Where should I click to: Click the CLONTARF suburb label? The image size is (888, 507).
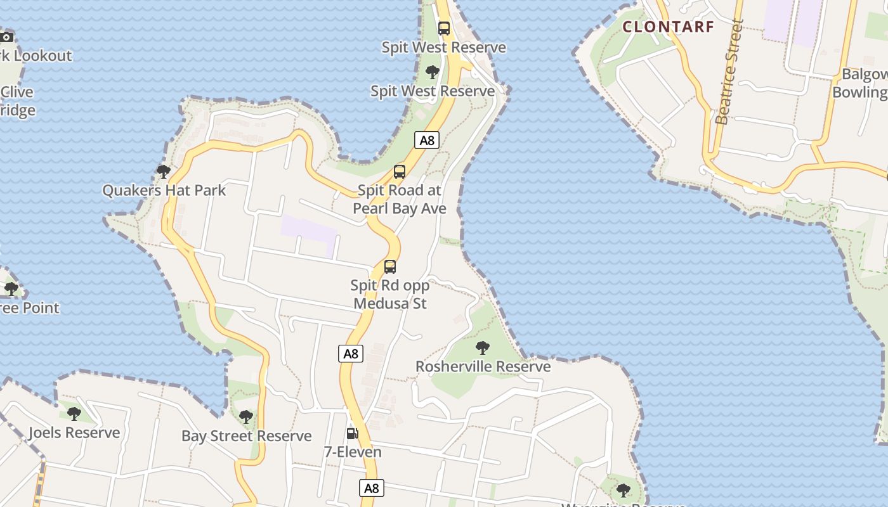click(668, 27)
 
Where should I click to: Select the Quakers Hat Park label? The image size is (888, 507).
click(164, 190)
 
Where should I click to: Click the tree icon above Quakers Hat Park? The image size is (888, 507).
click(164, 171)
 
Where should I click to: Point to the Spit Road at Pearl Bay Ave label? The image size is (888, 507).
click(400, 199)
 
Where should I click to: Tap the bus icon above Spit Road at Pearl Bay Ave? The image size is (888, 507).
click(400, 171)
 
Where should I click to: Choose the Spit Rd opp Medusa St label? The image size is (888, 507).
click(390, 294)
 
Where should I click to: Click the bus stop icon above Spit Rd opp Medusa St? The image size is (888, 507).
click(390, 267)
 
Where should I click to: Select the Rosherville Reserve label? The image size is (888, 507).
click(483, 366)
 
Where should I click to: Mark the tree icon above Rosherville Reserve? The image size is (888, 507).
click(483, 347)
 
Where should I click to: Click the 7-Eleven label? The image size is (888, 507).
click(353, 452)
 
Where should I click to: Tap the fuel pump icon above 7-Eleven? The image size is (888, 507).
click(352, 433)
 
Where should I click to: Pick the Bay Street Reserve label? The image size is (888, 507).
click(246, 436)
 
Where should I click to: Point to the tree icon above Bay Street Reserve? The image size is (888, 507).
click(246, 416)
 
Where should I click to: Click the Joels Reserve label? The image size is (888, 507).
click(74, 433)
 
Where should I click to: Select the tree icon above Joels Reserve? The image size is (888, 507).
click(74, 414)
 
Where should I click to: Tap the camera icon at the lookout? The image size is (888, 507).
click(6, 37)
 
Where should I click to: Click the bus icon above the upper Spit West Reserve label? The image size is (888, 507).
click(444, 29)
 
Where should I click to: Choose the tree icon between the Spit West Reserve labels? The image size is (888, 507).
click(433, 72)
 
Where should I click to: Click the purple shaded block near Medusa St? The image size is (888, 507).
click(309, 231)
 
